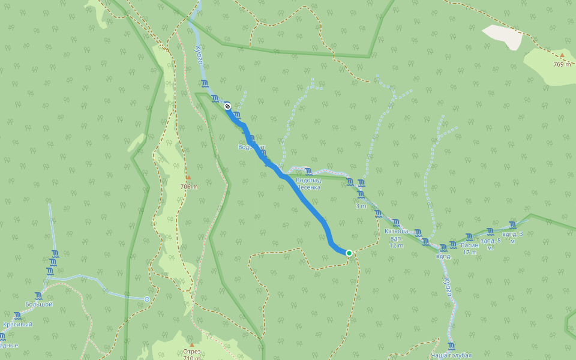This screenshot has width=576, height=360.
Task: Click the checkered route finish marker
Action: [x=227, y=106]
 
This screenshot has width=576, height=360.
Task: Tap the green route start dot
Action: [x=349, y=253]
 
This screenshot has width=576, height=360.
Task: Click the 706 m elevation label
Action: [x=189, y=187]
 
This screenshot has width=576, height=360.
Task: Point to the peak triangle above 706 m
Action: [x=188, y=178]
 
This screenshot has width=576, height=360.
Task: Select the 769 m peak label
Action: [x=562, y=64]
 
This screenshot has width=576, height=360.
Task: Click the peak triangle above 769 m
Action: [x=562, y=56]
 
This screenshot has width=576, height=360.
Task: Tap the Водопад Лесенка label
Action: [x=308, y=183]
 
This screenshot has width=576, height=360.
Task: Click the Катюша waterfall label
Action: [x=396, y=231]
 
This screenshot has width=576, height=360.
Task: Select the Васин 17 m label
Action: [x=470, y=248]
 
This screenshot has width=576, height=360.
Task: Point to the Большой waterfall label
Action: [x=39, y=304]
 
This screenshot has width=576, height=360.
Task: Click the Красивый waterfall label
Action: [x=17, y=324]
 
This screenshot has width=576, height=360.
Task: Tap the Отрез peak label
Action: [x=192, y=352]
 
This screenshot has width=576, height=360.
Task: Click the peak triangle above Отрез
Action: [x=192, y=344]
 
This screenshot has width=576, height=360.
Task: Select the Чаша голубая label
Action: [x=451, y=355]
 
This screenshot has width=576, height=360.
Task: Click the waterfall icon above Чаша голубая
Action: [x=451, y=346]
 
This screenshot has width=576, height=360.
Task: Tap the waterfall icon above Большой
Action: [x=39, y=295]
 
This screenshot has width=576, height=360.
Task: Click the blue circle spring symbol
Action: [x=147, y=299]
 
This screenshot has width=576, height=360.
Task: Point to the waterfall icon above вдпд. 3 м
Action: [x=512, y=224]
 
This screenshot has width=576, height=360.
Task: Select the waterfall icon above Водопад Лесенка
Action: [x=308, y=172]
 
